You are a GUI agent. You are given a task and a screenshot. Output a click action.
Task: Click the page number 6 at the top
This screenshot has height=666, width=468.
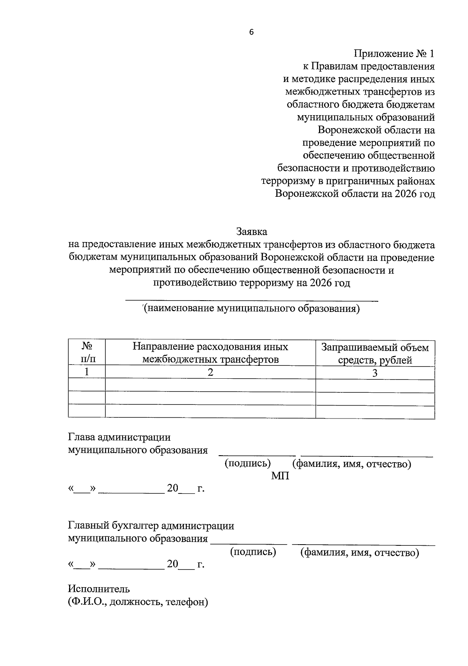[251, 32]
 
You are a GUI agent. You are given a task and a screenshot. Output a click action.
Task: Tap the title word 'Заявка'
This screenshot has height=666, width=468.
[252, 231]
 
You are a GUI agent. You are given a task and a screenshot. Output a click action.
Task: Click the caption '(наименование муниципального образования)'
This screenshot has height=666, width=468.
[251, 308]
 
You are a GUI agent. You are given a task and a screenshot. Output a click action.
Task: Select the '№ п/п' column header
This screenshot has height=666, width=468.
[87, 353]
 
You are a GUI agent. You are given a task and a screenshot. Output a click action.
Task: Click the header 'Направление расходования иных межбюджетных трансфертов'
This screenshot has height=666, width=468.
[210, 353]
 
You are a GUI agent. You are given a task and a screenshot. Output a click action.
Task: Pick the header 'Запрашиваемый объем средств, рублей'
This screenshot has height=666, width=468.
[375, 353]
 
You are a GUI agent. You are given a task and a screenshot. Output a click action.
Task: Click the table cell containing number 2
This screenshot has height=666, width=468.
[210, 372]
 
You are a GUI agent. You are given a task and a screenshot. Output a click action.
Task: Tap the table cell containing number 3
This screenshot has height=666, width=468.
[375, 373]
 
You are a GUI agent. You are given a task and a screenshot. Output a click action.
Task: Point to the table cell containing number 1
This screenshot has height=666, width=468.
[87, 372]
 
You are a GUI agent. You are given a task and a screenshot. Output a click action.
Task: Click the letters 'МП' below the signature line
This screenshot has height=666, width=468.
[280, 476]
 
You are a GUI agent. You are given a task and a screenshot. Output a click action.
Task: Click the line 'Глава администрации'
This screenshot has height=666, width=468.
[119, 437]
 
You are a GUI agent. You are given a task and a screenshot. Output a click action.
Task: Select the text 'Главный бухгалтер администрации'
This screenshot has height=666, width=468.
[151, 525]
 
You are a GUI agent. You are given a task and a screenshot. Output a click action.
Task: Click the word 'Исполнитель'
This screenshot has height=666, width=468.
[99, 589]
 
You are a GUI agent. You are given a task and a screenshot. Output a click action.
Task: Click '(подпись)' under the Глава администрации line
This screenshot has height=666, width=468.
[247, 463]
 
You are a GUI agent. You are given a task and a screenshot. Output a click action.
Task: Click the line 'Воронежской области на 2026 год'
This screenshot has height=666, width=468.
[355, 194]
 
